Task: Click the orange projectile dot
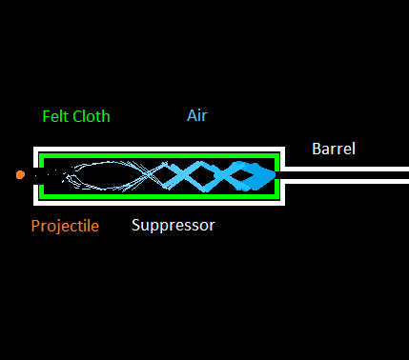point(20,174)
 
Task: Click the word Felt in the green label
point(57,117)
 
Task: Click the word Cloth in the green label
point(92,117)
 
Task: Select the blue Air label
point(196,116)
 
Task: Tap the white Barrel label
point(334,149)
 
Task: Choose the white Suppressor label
point(174,226)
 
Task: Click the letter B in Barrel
point(317,149)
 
